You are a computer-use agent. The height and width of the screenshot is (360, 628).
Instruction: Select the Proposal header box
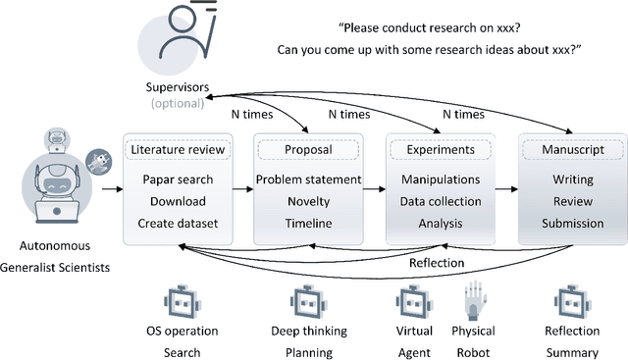tap(308, 151)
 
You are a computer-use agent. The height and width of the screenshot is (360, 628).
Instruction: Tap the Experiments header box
tap(441, 151)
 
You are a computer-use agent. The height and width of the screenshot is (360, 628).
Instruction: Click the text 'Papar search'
tap(178, 180)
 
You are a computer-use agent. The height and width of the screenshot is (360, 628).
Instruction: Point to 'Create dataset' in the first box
tap(178, 224)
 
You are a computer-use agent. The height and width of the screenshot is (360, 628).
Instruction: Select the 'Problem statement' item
tap(308, 180)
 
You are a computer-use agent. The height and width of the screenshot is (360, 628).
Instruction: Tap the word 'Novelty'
tap(308, 202)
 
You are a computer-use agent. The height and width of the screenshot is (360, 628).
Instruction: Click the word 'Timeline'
tap(308, 224)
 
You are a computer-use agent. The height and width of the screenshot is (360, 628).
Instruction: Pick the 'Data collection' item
tap(441, 202)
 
